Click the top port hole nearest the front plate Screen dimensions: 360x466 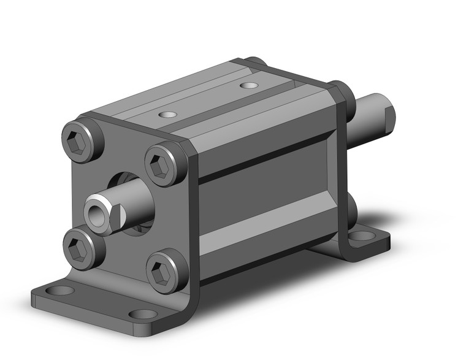(166, 114)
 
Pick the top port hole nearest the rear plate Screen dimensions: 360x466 (248, 86)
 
